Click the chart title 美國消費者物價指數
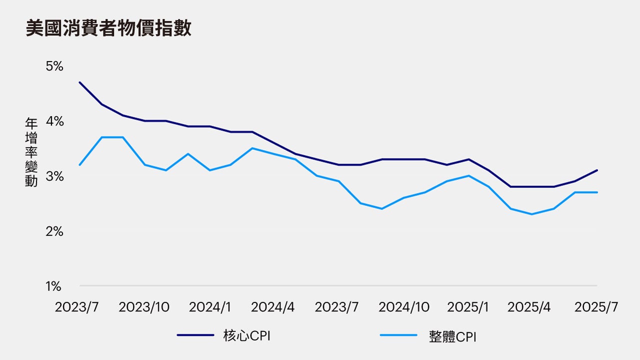pos(108,28)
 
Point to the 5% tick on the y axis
pos(54,66)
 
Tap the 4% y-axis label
pos(54,121)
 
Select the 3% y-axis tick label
pos(54,176)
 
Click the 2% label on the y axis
pos(54,231)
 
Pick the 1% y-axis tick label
pos(54,286)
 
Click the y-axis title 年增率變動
pos(31,152)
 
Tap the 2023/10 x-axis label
pos(144,307)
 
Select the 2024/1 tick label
pos(209,307)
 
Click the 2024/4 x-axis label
pos(272,307)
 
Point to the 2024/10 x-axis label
pos(403,307)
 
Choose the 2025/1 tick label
pos(468,307)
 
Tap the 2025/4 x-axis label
pos(529,307)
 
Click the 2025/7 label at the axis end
pos(596,307)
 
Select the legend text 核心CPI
pos(246,336)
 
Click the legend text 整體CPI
pos(452,336)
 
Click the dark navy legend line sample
pos(195,335)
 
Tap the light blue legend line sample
pos(398,335)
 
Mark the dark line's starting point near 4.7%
pos(80,82)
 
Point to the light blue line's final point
pos(597,192)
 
